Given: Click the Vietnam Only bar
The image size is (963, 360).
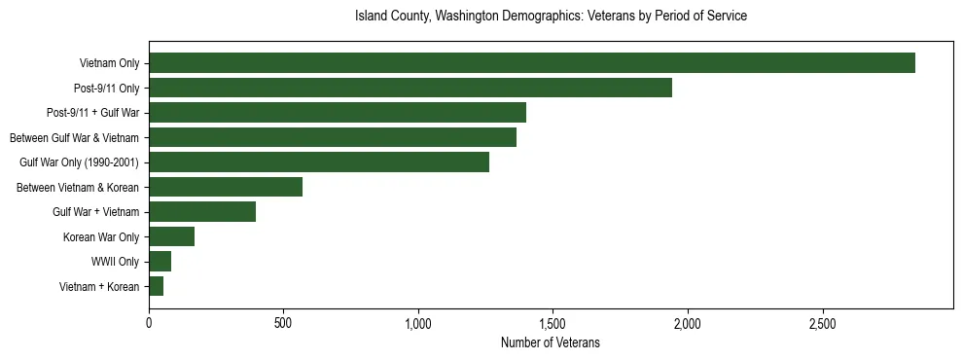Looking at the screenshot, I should [532, 63].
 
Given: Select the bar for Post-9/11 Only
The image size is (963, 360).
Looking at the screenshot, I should [410, 88].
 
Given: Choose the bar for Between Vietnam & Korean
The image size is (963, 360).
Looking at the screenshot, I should [226, 187].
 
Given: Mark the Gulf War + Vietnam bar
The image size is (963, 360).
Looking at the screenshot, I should [202, 212].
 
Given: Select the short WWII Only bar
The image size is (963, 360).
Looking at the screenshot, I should [160, 262].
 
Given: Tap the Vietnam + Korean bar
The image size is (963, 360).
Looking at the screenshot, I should [157, 286].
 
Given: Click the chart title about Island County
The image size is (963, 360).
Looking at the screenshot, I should [551, 17].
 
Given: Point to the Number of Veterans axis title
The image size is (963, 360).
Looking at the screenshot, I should [551, 342].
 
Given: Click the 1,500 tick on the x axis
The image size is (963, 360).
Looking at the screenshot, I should [553, 322].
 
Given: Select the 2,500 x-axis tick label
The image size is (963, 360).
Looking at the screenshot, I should [822, 322].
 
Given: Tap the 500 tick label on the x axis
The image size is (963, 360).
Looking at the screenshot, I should [283, 322].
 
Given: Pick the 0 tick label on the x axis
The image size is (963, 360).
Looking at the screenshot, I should [149, 322].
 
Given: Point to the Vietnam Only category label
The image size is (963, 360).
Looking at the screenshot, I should [109, 63].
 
